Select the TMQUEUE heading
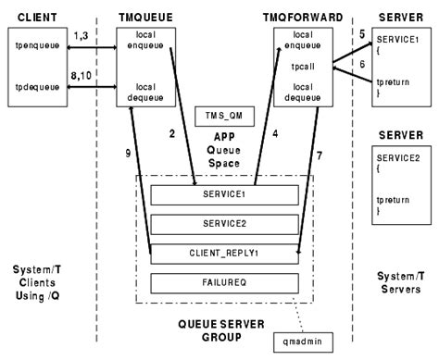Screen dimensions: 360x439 click(144, 17)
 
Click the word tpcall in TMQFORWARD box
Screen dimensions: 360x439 click(301, 67)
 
